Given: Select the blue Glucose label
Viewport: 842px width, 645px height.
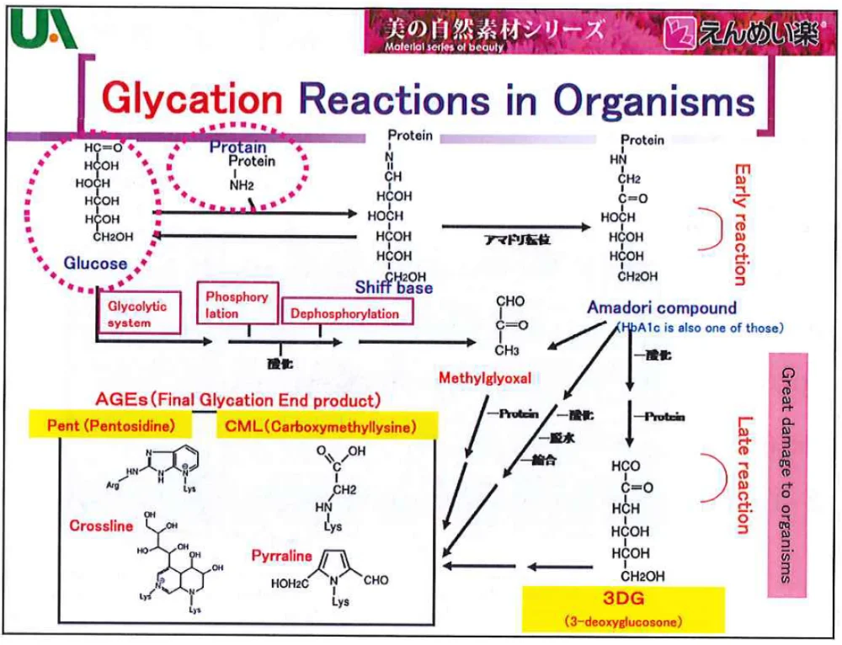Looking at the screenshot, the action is (95, 263).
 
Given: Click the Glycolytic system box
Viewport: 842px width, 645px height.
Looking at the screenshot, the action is (137, 314).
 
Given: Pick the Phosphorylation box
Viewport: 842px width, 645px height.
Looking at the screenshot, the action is (237, 305).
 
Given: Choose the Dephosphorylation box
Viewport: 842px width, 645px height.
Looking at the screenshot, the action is (344, 313).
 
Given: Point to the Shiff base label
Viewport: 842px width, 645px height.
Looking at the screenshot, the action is (394, 288).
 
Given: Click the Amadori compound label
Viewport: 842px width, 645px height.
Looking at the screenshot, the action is (662, 308).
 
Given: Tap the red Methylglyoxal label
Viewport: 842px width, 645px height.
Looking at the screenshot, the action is (485, 378).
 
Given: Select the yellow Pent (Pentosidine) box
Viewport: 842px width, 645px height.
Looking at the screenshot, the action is (111, 426).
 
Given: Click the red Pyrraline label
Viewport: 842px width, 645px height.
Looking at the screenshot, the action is (281, 556).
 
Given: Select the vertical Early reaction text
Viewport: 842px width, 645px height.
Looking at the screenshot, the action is (742, 223).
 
